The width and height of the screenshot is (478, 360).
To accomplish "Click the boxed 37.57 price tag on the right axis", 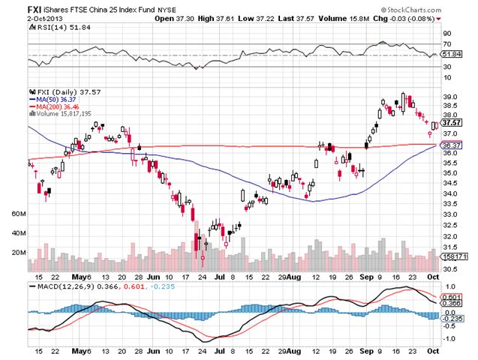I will [452, 122].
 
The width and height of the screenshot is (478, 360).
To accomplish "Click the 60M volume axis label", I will [19, 214].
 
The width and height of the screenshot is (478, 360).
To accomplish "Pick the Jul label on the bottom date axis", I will [220, 350].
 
